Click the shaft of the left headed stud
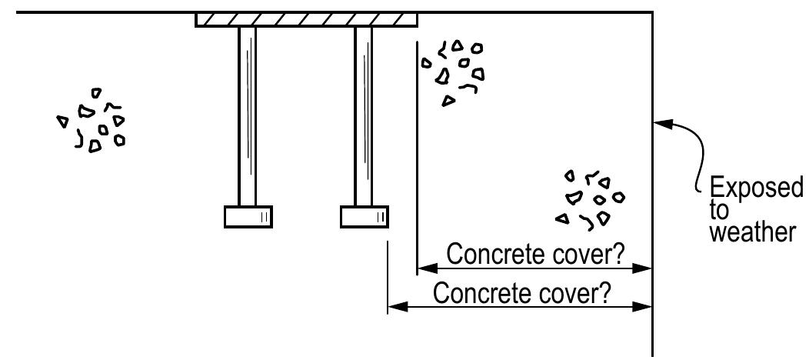247,115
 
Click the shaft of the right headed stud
363,115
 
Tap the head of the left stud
248,217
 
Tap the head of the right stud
364,217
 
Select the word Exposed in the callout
755,188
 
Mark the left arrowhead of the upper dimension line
425,268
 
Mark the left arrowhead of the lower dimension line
396,307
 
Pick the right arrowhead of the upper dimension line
644,268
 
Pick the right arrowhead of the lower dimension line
644,307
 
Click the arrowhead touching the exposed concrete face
662,122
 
